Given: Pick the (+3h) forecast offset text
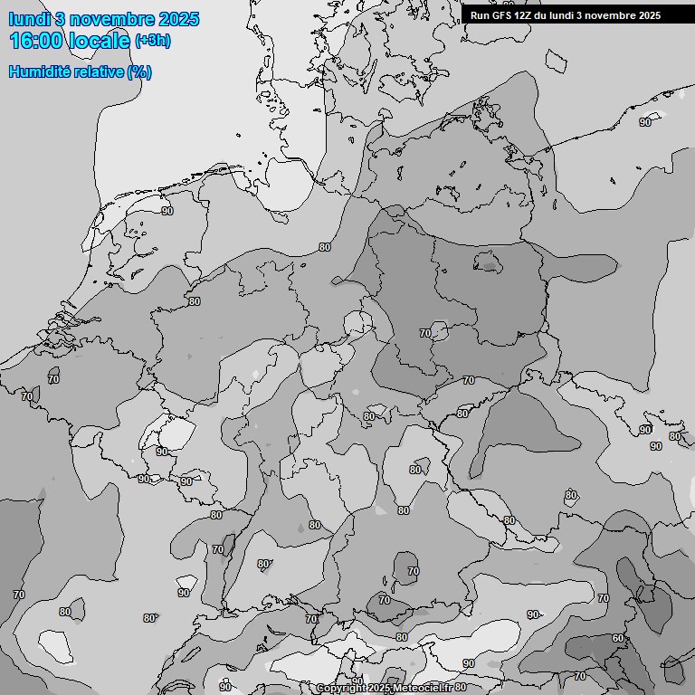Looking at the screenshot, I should [152, 41].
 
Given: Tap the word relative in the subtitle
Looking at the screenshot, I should [97, 72].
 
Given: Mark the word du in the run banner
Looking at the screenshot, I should [546, 15].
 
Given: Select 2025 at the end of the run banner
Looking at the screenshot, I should [649, 15].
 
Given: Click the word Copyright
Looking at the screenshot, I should [341, 689].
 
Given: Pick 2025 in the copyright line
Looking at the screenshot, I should [379, 689].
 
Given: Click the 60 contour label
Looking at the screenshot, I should [617, 638].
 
